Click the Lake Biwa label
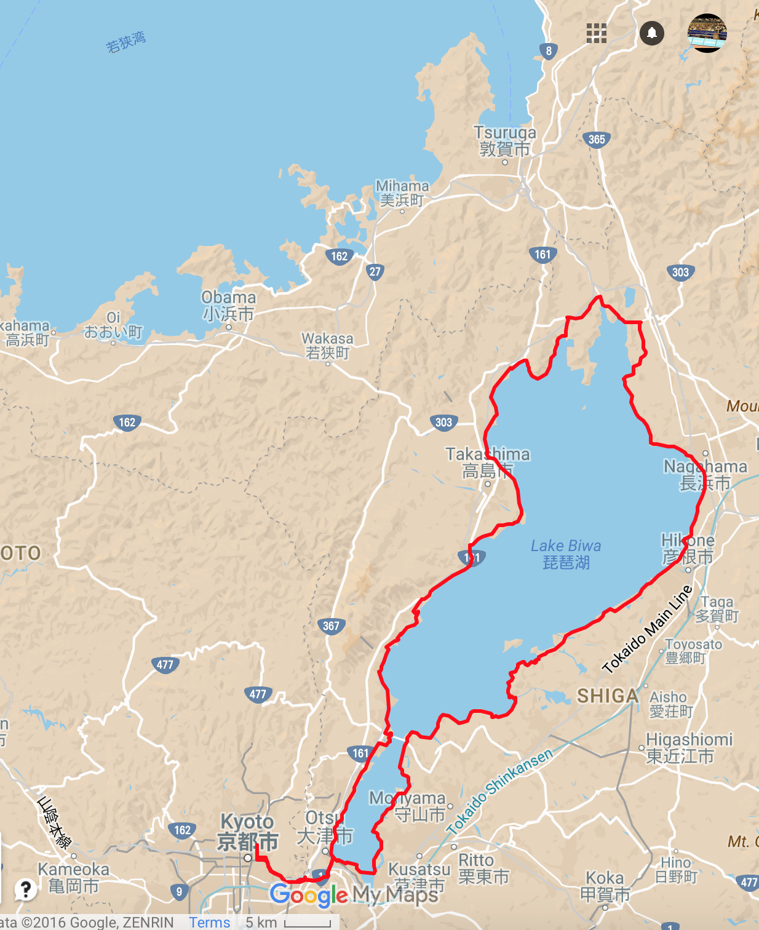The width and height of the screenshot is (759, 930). (566, 554)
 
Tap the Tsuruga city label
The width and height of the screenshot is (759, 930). (505, 141)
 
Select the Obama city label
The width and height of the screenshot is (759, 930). (229, 306)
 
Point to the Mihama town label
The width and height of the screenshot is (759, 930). (402, 193)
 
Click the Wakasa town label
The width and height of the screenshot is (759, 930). (327, 346)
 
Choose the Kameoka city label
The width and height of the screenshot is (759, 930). (74, 878)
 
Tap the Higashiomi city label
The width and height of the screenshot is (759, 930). (689, 747)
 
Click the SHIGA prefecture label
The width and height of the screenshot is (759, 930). (608, 696)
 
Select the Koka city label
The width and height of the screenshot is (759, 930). (605, 886)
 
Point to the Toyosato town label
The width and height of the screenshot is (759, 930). (693, 651)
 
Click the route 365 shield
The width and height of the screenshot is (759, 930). (596, 140)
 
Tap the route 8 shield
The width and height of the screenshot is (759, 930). (549, 51)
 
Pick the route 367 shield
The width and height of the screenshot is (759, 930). (331, 626)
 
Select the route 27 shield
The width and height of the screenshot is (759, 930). (375, 271)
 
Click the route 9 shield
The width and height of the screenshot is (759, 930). (179, 891)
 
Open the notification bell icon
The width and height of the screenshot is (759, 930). (652, 33)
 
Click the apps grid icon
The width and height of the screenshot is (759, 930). (596, 33)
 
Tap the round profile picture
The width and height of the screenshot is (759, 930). (707, 33)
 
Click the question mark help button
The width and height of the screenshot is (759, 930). (25, 889)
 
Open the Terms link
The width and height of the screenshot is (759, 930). (209, 922)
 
